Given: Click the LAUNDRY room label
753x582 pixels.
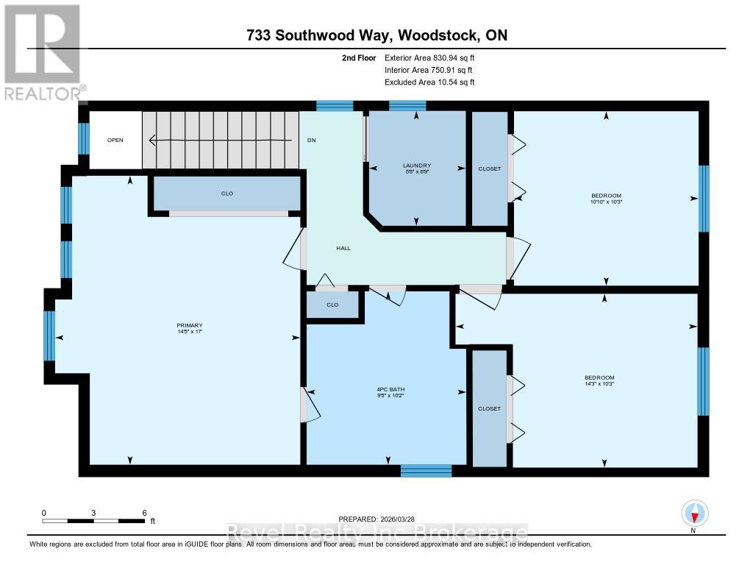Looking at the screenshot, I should coord(416,166).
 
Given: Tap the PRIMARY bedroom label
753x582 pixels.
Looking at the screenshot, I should coord(189,326).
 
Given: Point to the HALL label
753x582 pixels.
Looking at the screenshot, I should coord(343,248).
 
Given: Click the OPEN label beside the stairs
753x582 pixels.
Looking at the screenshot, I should coord(115,140).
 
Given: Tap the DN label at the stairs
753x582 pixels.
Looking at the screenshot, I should coord(312,140).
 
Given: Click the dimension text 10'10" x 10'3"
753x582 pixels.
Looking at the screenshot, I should coord(606,202).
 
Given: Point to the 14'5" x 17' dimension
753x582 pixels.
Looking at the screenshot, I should coord(189,332).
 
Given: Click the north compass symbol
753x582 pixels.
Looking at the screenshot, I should coord(694,512).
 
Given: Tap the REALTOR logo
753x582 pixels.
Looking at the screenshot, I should coord(43,52).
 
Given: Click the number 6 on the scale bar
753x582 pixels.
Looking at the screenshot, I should coord(145,512).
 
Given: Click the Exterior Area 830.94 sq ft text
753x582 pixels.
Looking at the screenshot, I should coord(434,57).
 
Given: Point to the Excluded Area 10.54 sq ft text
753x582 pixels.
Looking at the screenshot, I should coord(429,82).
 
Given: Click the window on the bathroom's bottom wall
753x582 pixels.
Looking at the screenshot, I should coord(426,470).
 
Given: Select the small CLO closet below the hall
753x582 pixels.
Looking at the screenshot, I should coord(333,305).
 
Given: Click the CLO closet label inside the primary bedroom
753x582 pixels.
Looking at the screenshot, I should coord(227,194).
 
